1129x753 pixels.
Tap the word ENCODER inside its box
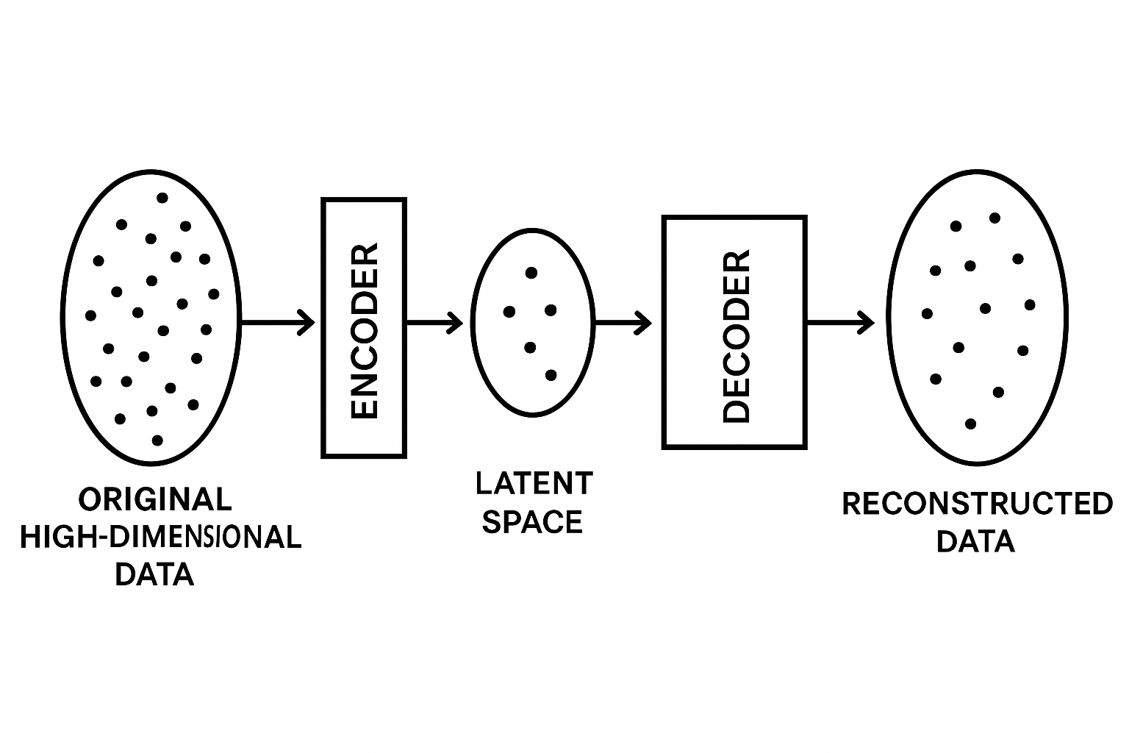[365, 332]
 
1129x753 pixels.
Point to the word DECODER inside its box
[736, 338]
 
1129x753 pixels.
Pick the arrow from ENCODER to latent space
[434, 322]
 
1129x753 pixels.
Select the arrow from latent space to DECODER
[623, 322]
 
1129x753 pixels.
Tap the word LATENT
[534, 484]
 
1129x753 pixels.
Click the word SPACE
[532, 522]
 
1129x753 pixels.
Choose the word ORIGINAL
[155, 499]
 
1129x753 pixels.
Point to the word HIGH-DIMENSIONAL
[160, 538]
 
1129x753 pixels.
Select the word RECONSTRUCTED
[977, 504]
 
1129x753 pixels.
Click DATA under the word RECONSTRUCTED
[975, 542]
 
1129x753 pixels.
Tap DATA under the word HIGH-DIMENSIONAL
[155, 574]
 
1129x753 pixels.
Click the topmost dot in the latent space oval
[531, 273]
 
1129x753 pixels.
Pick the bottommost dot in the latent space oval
[551, 375]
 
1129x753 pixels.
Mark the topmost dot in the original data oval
[162, 197]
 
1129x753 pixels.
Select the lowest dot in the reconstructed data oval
[970, 424]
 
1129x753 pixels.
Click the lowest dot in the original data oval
[157, 440]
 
